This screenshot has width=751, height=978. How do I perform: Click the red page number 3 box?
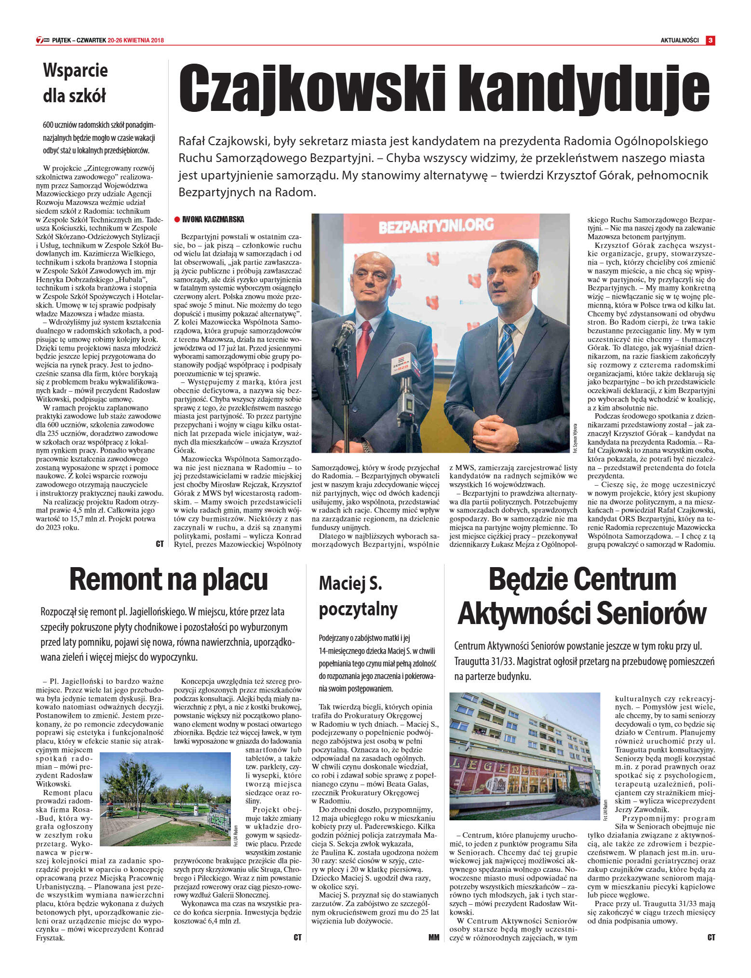[x=710, y=41]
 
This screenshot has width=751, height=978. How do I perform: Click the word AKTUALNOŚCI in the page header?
[x=679, y=41]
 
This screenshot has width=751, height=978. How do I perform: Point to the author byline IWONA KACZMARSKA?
[x=213, y=220]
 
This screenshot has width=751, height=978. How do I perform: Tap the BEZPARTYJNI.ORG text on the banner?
[x=436, y=225]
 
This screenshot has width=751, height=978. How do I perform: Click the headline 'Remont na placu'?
[x=168, y=579]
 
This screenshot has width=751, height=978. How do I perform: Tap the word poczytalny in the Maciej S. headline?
[x=358, y=610]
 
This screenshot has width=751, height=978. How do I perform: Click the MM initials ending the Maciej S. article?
[x=434, y=937]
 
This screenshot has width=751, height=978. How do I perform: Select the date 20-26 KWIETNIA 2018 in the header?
[x=136, y=41]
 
